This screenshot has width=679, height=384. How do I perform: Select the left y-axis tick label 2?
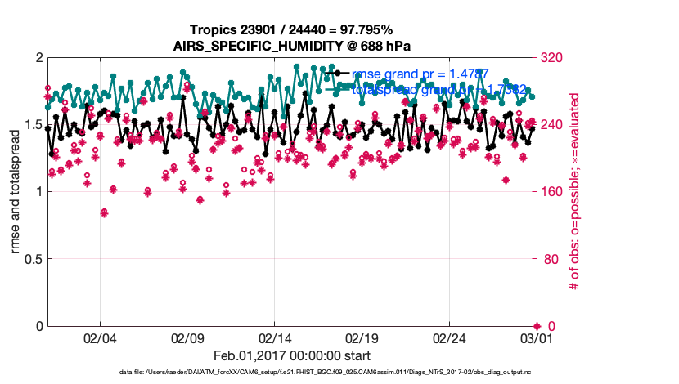[38, 58]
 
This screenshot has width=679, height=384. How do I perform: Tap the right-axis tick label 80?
[551, 259]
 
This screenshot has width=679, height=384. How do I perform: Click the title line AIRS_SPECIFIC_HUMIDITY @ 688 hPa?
[292, 46]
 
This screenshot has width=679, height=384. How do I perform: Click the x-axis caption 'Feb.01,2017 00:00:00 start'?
[291, 355]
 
